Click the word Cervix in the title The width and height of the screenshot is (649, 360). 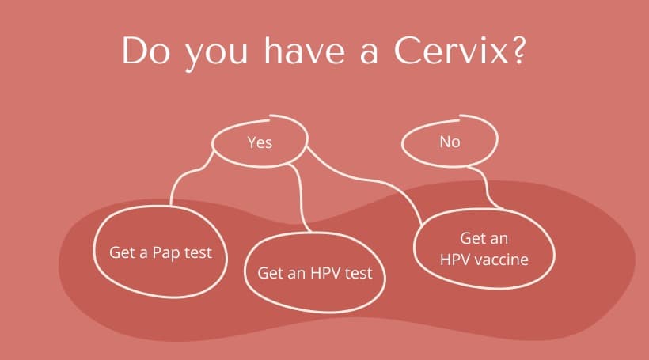tap(451, 51)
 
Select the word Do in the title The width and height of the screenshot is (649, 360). tap(146, 51)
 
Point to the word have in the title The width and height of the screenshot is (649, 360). tap(304, 50)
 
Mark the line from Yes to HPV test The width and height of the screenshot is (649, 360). tap(300, 195)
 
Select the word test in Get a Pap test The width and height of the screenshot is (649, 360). tap(198, 252)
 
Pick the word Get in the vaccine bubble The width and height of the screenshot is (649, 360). tap(473, 238)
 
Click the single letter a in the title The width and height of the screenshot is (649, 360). tap(368, 54)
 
